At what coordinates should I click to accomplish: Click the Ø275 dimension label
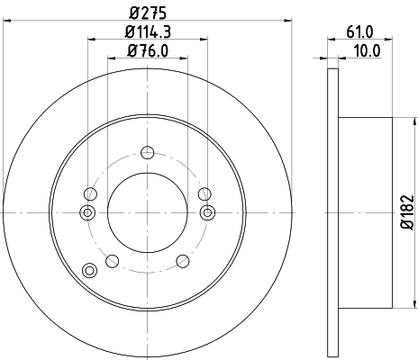coord(148,13)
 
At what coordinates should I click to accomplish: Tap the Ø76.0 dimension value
coord(148,51)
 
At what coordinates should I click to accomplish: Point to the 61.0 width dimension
coord(359,32)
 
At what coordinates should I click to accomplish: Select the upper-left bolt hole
coord(89,193)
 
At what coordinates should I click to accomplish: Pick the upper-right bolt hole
coord(204,193)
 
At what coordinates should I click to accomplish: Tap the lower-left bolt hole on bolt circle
coord(112,261)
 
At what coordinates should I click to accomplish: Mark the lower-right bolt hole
coord(182,261)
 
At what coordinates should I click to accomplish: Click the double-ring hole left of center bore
coord(86,212)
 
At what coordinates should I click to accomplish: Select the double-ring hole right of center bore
coord(208,212)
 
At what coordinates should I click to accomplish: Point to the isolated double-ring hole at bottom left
coord(88,270)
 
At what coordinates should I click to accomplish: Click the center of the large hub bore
coord(147,212)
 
